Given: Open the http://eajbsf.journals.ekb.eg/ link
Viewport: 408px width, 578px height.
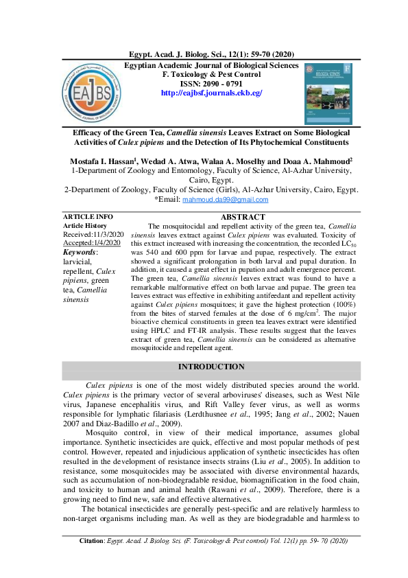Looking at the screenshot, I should point(211,93).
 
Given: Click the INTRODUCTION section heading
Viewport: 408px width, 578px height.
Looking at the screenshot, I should point(211,367).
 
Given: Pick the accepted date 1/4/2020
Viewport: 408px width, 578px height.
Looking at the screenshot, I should point(106,243).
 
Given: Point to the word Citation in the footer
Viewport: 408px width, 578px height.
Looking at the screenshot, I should point(91,560).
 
